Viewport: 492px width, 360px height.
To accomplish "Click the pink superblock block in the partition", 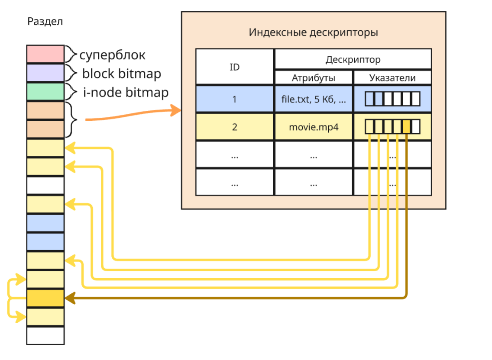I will point(45,54).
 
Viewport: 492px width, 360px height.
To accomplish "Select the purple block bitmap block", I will point(45,73).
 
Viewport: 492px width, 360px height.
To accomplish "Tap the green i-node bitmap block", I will point(45,92).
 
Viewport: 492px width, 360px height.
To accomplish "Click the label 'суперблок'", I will point(112,55).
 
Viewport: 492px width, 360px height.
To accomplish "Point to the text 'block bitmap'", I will point(122,74).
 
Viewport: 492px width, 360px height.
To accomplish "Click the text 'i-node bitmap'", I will point(126,92).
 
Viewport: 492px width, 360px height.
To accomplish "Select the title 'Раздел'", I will point(45,21).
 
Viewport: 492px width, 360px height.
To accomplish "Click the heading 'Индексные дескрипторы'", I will point(313,32).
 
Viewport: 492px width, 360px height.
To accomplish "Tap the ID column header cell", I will point(234,67).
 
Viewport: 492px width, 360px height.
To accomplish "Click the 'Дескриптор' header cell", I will point(353,59).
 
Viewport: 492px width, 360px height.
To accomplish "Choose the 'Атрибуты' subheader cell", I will point(314,78).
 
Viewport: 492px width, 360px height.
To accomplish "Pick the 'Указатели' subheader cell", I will point(392,78).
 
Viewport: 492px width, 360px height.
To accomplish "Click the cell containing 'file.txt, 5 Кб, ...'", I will point(314,99).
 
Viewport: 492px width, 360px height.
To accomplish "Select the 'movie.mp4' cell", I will point(314,127).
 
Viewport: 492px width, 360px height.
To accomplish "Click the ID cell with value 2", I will point(234,127).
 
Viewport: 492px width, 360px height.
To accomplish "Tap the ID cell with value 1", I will point(234,99).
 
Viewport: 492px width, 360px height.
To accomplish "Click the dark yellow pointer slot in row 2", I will point(406,127).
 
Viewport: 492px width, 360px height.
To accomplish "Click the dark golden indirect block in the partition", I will point(45,298).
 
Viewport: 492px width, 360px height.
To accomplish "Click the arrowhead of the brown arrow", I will point(70,298).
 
